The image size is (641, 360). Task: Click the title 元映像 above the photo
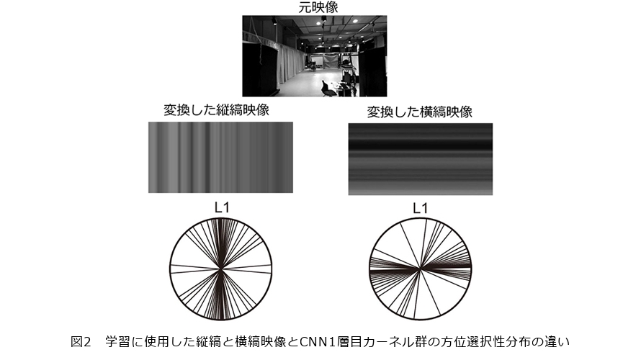318,7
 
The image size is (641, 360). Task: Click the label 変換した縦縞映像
216,110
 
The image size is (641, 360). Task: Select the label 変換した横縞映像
419,112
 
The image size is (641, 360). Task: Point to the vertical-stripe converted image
221,158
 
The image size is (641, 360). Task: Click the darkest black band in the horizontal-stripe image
420,145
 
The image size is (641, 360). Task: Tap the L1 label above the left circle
222,208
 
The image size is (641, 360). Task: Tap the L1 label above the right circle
420,208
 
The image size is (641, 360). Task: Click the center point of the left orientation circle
221,269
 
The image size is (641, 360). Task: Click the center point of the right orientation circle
420,269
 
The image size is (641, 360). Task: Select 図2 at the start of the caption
81,341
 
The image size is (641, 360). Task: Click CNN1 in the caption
315,341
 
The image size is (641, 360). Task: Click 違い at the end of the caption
557,341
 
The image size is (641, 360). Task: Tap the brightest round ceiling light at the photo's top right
355,21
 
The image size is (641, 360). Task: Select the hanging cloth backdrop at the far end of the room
331,61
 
